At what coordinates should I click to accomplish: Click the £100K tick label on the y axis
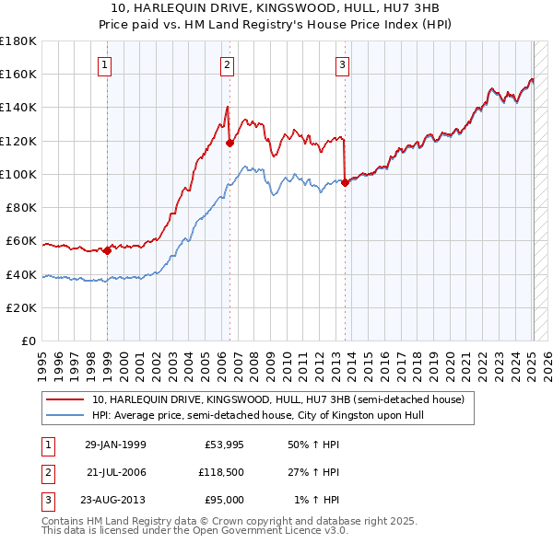click(x=18, y=174)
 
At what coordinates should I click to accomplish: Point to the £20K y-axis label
click(x=21, y=307)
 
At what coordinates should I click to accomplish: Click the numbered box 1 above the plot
click(x=106, y=65)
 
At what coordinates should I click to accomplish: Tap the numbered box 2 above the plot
click(x=227, y=65)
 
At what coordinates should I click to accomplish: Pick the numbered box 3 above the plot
click(x=342, y=65)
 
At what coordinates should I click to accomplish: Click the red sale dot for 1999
click(x=107, y=249)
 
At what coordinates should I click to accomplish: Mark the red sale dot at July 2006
click(x=229, y=142)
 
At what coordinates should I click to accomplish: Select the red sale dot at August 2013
click(x=345, y=182)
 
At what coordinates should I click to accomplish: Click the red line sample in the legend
click(x=65, y=399)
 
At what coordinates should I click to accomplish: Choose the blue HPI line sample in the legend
click(x=65, y=416)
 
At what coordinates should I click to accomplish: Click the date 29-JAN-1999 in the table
click(x=115, y=445)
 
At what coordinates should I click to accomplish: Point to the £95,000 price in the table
click(x=224, y=500)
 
